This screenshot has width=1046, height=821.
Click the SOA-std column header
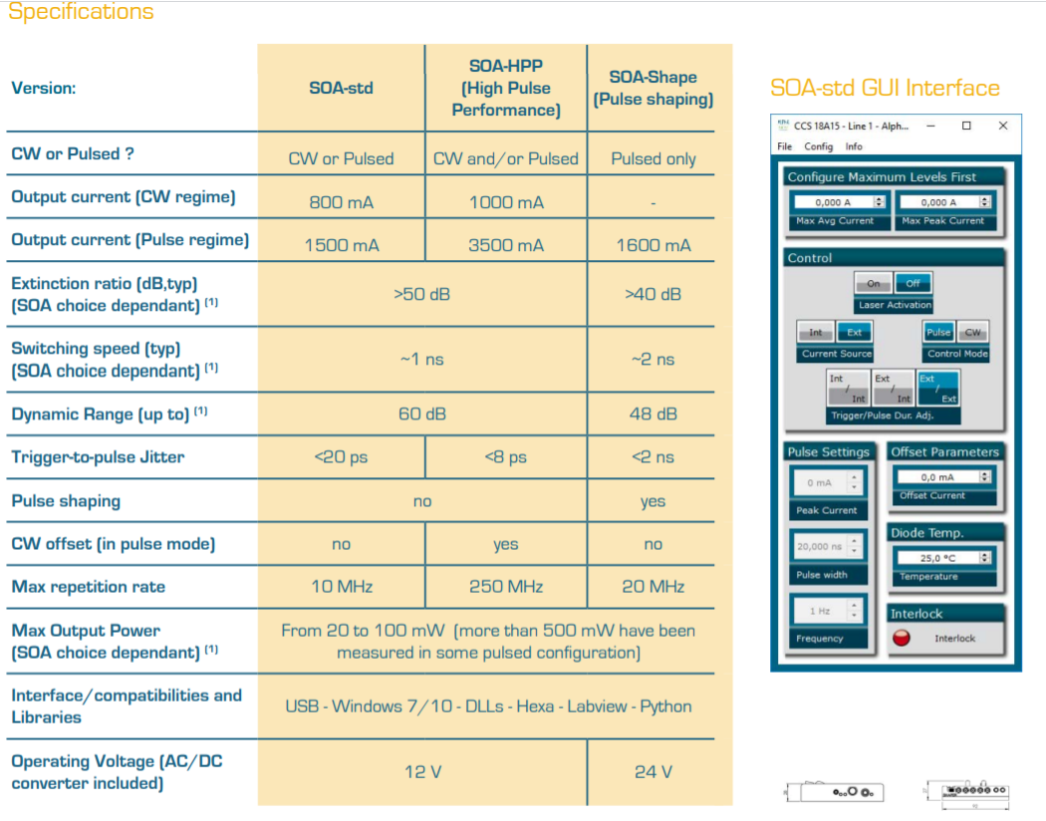coord(341,88)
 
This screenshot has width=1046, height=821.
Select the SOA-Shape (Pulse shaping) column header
coord(653,88)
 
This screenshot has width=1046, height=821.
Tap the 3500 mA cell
coord(506,245)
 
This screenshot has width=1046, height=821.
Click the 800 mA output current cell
coord(341,202)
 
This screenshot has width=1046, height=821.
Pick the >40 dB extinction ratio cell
coord(653,294)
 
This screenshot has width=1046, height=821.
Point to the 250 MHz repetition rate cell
coord(506,587)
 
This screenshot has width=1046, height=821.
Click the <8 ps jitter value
coord(506,457)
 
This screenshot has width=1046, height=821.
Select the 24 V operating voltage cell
coord(653,772)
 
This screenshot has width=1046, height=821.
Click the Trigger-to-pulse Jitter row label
coord(98,457)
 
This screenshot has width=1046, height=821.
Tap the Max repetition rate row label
coord(88,587)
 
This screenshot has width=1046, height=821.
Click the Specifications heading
coord(81,13)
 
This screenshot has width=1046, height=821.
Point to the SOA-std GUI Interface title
coord(885,88)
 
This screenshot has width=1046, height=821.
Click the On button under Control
coord(873,284)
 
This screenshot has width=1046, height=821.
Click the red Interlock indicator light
coord(902,638)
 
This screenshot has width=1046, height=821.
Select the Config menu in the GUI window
coord(818,146)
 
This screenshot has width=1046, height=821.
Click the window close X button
coord(1003,127)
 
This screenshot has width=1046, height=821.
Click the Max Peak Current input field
coord(946,202)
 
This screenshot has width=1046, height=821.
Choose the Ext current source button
coord(854,333)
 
